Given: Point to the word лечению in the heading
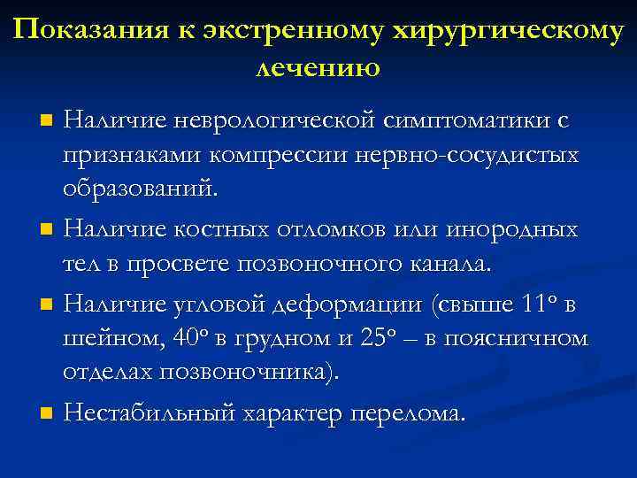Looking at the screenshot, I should tap(318, 66).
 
